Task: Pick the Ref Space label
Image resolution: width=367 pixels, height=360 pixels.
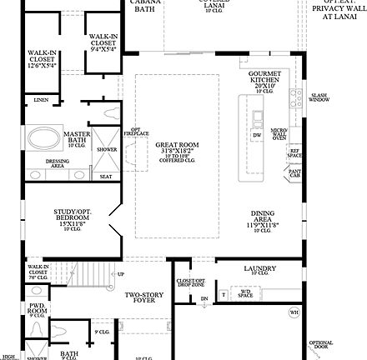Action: pos(294,153)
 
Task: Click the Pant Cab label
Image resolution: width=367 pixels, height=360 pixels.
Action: pos(294,173)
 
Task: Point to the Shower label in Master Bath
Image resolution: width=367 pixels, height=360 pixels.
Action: pos(107,150)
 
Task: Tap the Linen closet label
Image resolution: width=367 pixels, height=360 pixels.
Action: pos(41,100)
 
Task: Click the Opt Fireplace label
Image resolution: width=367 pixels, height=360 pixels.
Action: pos(141,132)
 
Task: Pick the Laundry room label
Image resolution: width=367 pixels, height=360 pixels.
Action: pos(260,269)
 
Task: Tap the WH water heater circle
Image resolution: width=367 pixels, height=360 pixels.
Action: pos(294,312)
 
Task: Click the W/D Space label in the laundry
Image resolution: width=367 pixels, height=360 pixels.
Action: pos(244,293)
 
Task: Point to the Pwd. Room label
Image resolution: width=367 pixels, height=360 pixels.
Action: pos(38,311)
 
